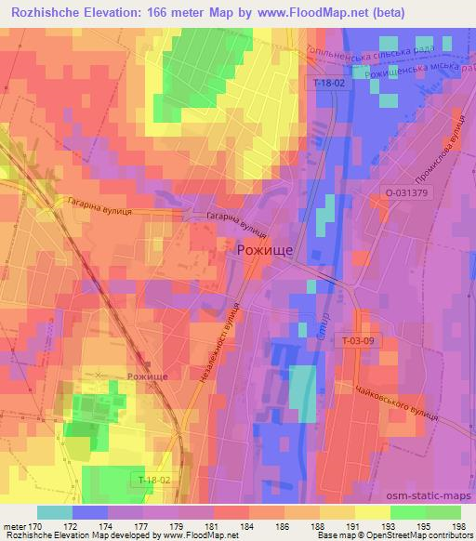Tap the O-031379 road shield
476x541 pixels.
(x=406, y=193)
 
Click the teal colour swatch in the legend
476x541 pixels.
(x=55, y=512)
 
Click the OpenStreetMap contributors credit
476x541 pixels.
(x=418, y=536)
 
